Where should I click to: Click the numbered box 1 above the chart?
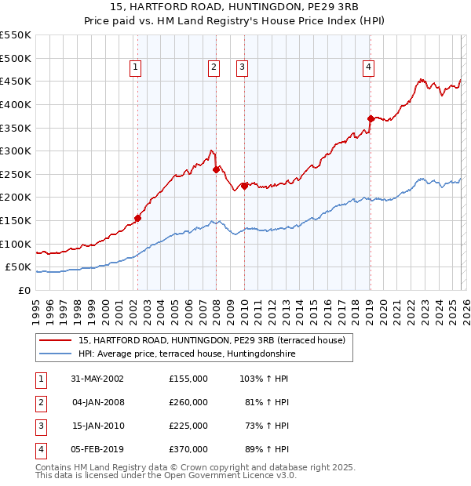click(x=137, y=68)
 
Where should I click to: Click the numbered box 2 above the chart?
click(x=214, y=68)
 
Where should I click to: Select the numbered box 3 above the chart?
click(x=243, y=68)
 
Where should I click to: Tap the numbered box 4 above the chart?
click(x=368, y=68)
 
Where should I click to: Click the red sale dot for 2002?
click(x=137, y=218)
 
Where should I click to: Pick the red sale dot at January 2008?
click(x=216, y=169)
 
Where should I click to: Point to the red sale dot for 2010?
click(x=244, y=186)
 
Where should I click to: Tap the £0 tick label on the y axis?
click(x=24, y=290)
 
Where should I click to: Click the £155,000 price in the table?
click(x=188, y=378)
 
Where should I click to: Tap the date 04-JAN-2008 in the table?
click(x=98, y=402)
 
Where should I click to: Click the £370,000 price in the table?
click(x=188, y=450)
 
